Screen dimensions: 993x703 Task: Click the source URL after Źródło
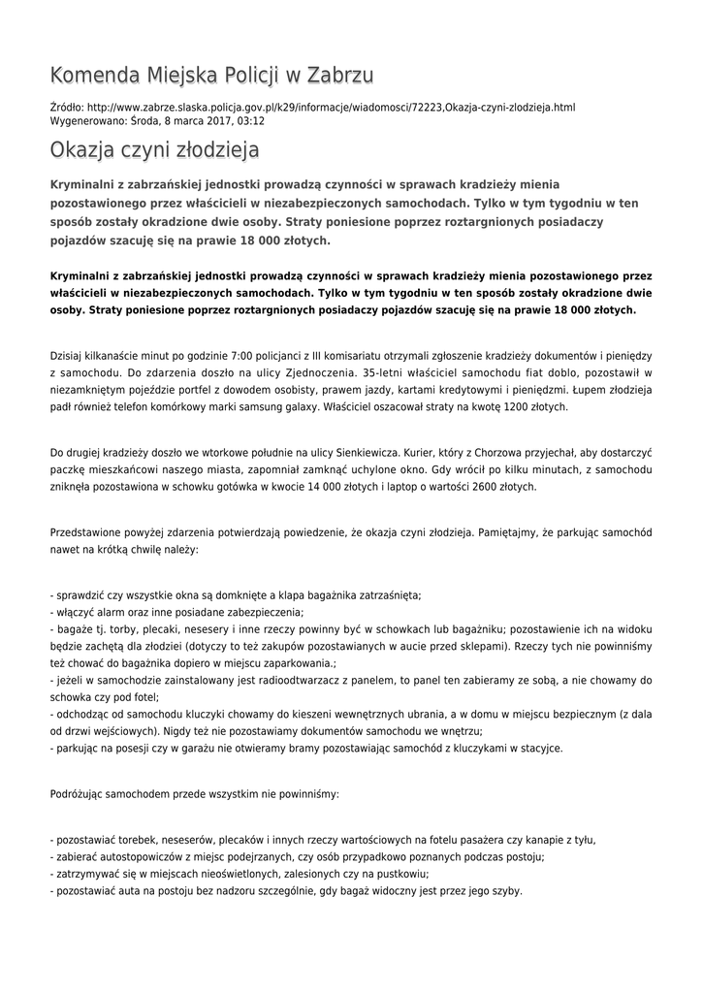coord(331,107)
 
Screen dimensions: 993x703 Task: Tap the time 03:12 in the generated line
coord(251,121)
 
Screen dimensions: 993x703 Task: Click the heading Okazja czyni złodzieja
coord(154,151)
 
